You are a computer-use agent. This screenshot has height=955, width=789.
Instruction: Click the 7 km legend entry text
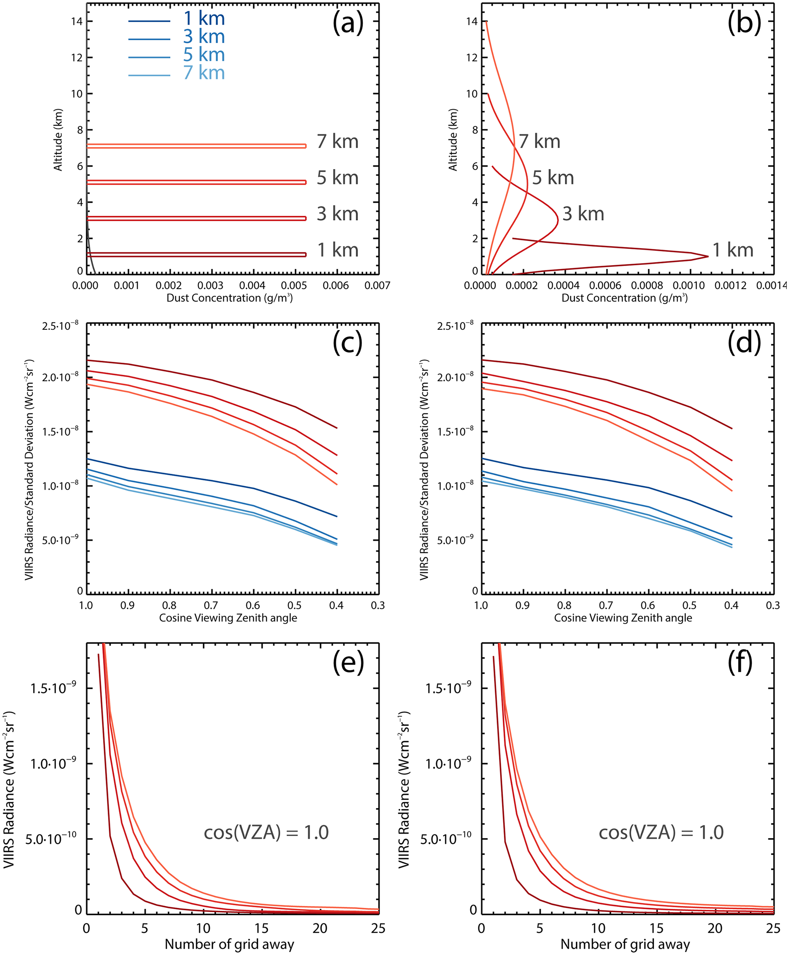click(204, 73)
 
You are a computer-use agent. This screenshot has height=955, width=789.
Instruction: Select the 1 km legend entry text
click(204, 19)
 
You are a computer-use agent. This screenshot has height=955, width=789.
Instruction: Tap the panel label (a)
click(348, 23)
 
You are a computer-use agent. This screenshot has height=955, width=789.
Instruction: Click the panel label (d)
click(744, 342)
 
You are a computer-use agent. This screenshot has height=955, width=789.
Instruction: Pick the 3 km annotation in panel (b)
click(583, 214)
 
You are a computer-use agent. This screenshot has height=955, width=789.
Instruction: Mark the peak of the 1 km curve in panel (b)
click(708, 256)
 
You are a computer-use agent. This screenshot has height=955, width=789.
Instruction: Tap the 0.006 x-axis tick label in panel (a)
click(336, 286)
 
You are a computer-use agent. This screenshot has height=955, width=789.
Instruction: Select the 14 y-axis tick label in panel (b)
click(472, 21)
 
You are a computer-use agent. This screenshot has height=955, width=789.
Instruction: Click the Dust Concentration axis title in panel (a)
click(229, 298)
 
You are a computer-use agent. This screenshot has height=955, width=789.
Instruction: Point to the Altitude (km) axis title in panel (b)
click(453, 140)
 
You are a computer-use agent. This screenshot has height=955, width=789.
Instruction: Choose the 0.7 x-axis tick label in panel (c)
click(211, 605)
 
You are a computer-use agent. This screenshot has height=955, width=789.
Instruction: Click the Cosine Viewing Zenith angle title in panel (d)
click(623, 618)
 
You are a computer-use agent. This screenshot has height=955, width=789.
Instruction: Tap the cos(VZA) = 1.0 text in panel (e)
click(266, 832)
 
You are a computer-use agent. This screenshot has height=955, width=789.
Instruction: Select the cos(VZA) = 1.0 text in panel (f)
click(661, 832)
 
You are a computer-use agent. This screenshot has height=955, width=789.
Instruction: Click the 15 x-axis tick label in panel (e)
click(261, 928)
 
